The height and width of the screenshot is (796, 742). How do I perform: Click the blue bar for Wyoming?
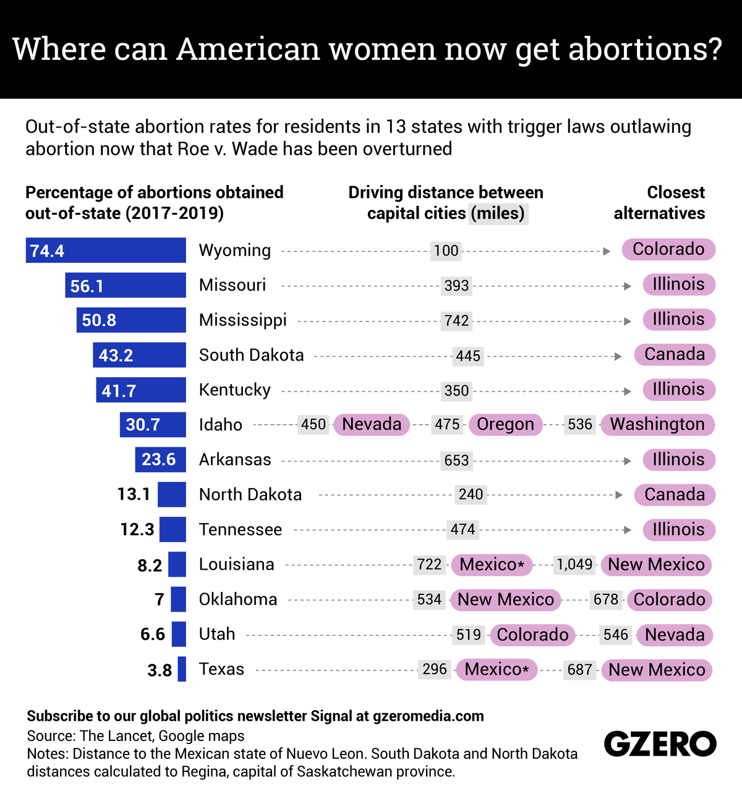point(105,250)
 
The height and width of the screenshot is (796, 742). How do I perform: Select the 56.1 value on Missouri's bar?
point(87,286)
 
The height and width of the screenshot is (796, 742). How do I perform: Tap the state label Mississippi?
point(242,320)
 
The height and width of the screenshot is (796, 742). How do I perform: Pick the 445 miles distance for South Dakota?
point(468,356)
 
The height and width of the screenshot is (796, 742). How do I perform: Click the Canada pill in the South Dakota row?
point(674,354)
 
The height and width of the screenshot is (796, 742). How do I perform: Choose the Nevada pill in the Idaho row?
point(372,424)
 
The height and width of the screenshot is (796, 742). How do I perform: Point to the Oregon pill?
point(505,424)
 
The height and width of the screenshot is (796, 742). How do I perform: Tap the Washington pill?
point(657,424)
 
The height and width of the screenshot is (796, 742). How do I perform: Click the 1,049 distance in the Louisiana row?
point(575,565)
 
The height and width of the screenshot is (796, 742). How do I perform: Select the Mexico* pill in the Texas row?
point(497,670)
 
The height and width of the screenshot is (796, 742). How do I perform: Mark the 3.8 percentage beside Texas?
point(160,670)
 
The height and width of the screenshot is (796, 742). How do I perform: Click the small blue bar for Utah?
point(179,635)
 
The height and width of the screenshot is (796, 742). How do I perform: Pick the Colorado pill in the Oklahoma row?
point(669,600)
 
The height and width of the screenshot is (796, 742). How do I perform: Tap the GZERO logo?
point(660,743)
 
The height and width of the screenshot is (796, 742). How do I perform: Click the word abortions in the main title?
point(645,49)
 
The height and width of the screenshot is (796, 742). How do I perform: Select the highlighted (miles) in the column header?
point(498,213)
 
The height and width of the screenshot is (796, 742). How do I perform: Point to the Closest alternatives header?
point(660,203)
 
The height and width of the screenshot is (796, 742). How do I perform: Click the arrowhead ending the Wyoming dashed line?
point(607,251)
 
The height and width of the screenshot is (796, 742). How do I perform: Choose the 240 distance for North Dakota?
point(471,495)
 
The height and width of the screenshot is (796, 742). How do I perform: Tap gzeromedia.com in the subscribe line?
point(429,716)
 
